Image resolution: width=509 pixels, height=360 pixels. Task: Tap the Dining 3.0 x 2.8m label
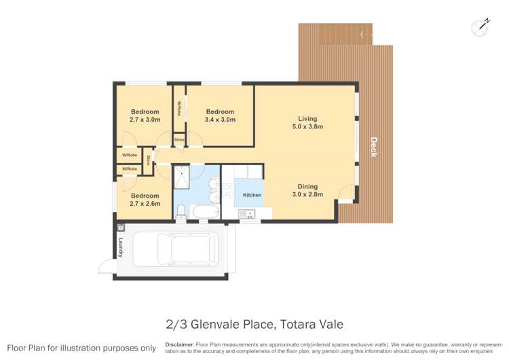click(x=307, y=190)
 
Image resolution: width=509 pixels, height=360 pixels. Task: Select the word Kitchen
click(x=252, y=195)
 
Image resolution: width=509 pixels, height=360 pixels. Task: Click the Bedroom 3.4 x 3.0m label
click(x=220, y=115)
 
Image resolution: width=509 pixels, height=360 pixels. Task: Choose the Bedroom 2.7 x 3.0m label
click(x=145, y=115)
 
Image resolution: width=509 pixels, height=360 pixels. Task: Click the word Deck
click(x=373, y=147)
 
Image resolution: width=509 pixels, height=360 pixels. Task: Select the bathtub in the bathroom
click(x=205, y=213)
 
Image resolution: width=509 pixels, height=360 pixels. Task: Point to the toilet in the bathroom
click(x=181, y=214)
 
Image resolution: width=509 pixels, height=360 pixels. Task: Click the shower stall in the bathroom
click(x=183, y=178)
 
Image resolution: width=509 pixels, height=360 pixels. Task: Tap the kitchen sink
click(x=246, y=215)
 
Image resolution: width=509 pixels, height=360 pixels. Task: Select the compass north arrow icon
click(x=480, y=26)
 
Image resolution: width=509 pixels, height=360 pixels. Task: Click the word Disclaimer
click(x=179, y=344)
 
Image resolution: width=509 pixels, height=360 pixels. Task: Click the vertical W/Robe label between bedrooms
click(x=179, y=109)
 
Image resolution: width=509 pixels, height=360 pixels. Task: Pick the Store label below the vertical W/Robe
click(x=179, y=140)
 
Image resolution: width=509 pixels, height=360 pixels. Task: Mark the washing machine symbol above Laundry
click(x=121, y=228)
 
